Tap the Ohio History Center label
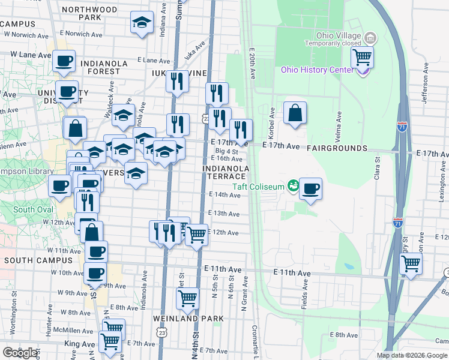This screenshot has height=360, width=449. point(318,70)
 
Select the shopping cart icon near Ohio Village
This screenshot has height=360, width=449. point(363,58)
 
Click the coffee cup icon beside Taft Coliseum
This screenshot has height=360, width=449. point(310,189)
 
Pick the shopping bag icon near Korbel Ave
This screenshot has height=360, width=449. point(295,113)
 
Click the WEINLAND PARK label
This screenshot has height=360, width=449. point(188,318)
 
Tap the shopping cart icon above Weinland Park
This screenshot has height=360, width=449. point(188,298)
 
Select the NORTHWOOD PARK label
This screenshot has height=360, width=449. point(89,14)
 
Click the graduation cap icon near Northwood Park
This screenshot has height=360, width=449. point(142,23)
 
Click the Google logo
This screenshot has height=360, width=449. point(20,352)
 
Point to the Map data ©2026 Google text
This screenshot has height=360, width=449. point(411,355)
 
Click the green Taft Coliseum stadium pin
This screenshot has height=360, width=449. point(293,185)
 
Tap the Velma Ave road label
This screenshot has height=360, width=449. point(340,122)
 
